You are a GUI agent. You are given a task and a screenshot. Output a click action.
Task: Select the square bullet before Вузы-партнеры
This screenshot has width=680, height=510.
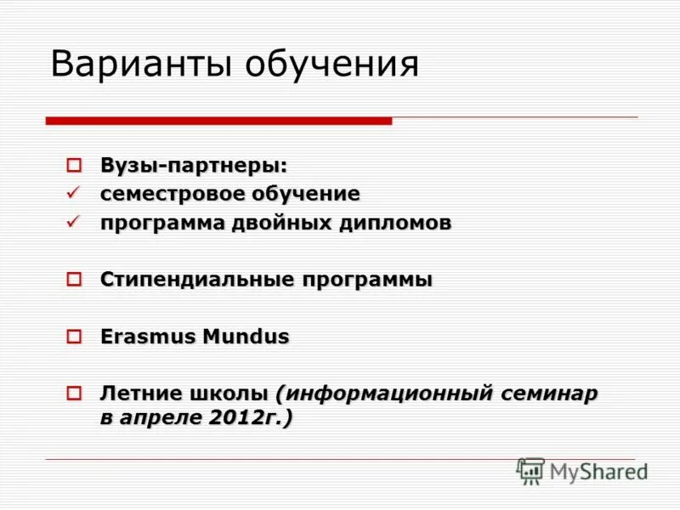[x=74, y=164]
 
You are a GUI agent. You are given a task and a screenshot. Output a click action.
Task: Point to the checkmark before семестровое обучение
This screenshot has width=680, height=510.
[x=74, y=193]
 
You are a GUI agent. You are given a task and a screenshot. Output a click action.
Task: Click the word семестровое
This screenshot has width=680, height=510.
[x=172, y=194]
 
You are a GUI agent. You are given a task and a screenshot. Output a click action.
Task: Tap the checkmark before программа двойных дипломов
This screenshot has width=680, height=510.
[x=74, y=222]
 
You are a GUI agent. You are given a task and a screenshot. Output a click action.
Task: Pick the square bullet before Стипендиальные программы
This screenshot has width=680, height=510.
[x=74, y=279]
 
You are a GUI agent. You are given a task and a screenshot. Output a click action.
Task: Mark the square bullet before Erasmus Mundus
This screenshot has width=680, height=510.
[x=74, y=337]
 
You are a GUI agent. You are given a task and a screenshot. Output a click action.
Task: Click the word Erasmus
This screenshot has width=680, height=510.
[x=147, y=337]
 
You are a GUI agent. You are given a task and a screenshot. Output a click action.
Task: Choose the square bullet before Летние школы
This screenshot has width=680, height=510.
[x=74, y=394]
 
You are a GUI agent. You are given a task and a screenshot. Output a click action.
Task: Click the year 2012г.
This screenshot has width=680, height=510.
[x=250, y=417]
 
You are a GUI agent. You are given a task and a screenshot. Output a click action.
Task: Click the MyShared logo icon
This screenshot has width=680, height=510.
[x=530, y=471]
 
